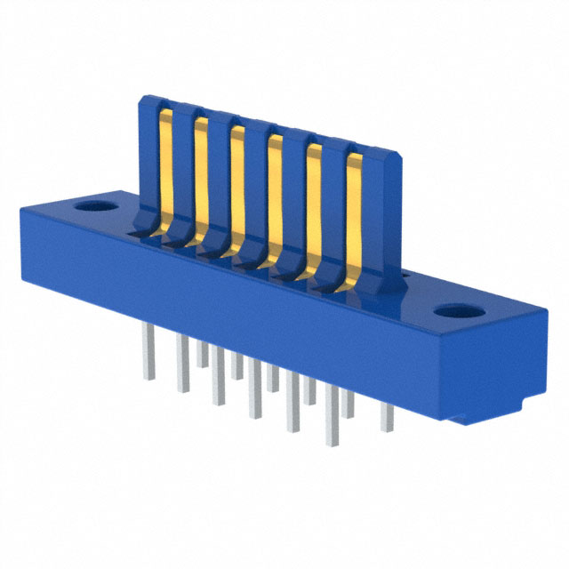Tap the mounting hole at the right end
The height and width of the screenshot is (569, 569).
pyautogui.click(x=457, y=313)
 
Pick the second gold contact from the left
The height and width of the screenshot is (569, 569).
pyautogui.click(x=201, y=178)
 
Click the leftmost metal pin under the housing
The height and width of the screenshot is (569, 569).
pyautogui.click(x=148, y=360)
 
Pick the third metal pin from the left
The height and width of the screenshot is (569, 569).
pyautogui.click(x=203, y=356)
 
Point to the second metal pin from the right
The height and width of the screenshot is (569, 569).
pyautogui.click(x=349, y=405)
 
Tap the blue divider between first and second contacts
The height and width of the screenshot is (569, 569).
pyautogui.click(x=182, y=169)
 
